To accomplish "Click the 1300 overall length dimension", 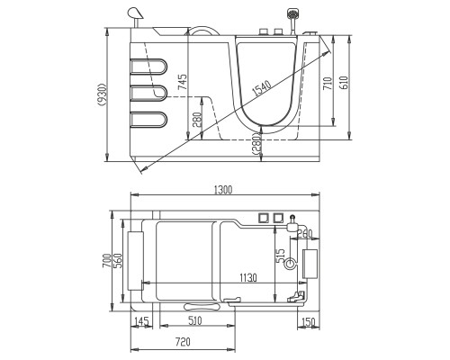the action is tap(223, 190).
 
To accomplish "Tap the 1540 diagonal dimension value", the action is tap(262, 88).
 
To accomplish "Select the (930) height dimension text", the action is tap(103, 94).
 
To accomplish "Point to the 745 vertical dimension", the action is tap(182, 82).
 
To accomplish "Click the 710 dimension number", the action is tap(328, 83).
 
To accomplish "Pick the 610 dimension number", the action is tap(344, 83).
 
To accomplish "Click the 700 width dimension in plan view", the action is tap(107, 261).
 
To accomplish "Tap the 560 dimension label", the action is tap(118, 261).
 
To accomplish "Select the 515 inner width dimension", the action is tap(281, 256).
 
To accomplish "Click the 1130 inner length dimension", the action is tap(248, 278).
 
